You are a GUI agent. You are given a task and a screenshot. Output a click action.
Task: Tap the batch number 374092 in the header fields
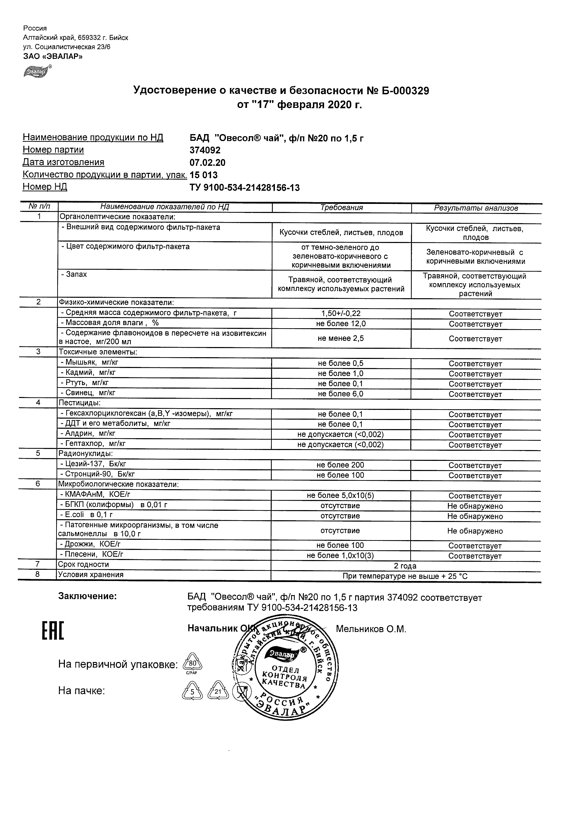205,150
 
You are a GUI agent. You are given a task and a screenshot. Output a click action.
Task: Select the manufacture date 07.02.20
208,163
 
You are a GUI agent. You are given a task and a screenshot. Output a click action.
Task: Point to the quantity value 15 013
204,175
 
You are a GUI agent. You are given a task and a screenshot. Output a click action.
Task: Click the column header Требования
341,208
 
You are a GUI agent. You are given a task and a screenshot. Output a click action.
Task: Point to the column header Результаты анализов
476,208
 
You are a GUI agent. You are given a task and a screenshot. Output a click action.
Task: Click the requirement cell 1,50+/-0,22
341,314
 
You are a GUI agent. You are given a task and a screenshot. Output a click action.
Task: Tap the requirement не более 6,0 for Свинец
340,394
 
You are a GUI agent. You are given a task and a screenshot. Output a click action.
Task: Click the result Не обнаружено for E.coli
475,516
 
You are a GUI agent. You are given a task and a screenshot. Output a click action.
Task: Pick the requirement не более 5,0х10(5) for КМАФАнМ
340,496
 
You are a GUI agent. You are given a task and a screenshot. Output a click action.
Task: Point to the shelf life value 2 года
405,566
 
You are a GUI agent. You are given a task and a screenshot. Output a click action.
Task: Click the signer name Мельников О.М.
371,630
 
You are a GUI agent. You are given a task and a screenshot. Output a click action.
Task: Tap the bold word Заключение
88,596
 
